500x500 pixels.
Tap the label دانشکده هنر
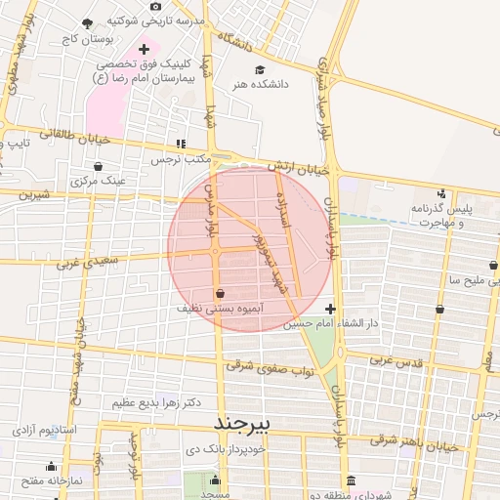pyautogui.click(x=259, y=85)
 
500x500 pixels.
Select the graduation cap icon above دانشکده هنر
pyautogui.click(x=259, y=69)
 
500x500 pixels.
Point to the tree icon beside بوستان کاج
pyautogui.click(x=87, y=22)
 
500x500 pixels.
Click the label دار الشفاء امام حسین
pyautogui.click(x=331, y=323)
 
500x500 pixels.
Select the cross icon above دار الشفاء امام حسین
pyautogui.click(x=330, y=309)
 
